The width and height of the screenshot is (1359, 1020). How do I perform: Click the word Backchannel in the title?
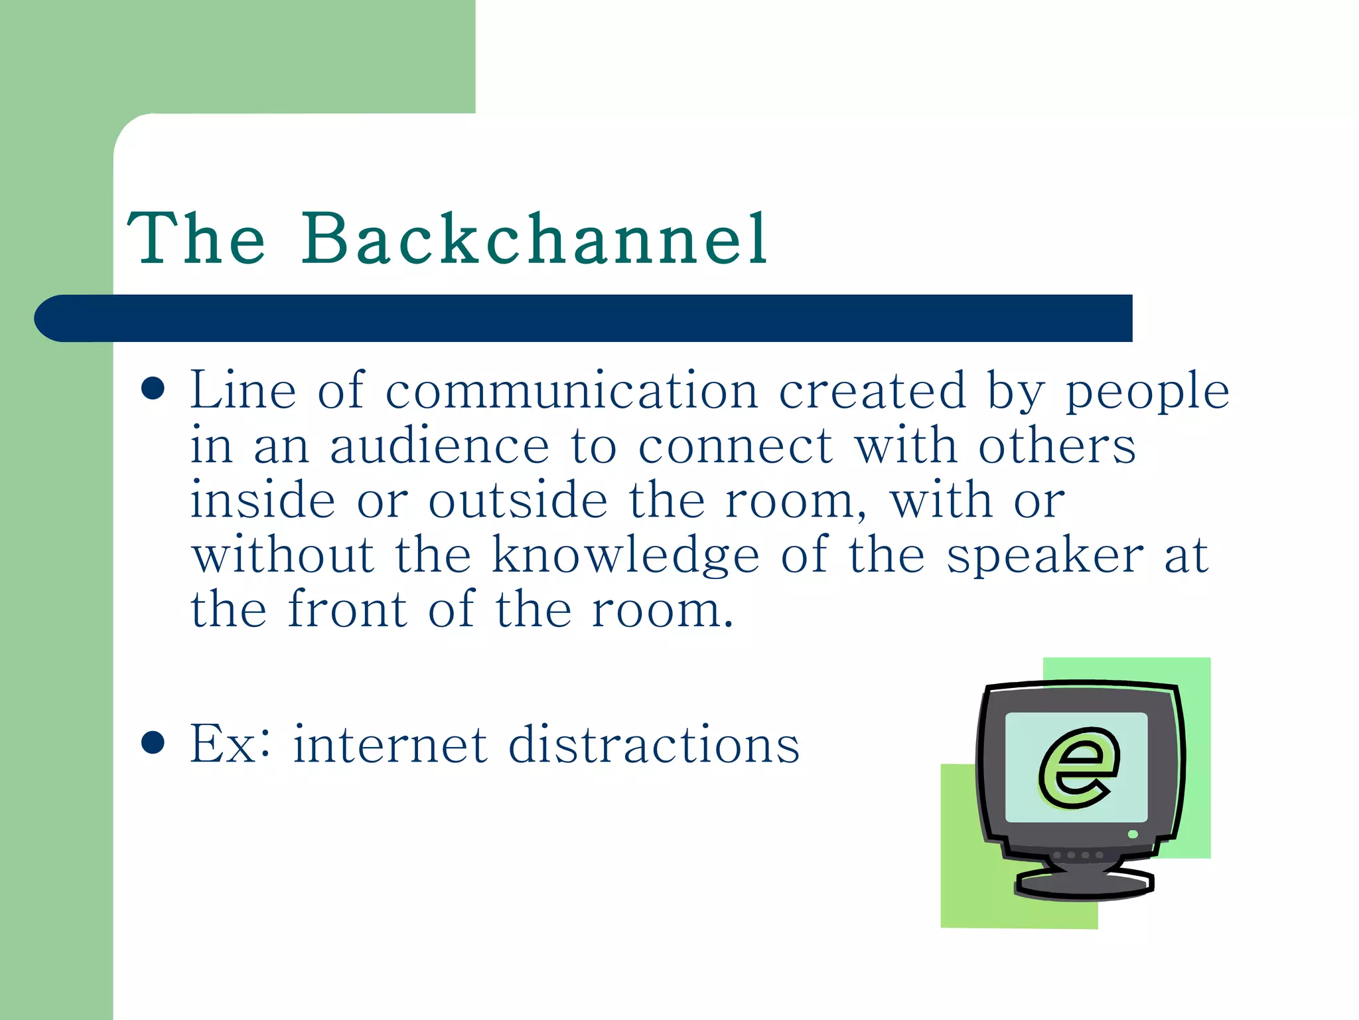tap(535, 239)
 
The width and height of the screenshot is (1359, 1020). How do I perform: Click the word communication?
tap(572, 392)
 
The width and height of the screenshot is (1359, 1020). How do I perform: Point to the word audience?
tap(439, 446)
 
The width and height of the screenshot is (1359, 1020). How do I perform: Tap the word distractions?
tap(654, 745)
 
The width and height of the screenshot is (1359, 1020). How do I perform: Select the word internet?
tap(391, 745)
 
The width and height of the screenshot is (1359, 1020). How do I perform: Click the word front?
tap(348, 610)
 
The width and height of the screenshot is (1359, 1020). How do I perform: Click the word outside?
tap(518, 501)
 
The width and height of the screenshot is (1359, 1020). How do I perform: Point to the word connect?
tap(735, 446)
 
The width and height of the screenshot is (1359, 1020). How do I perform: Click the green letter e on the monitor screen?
tap(1078, 768)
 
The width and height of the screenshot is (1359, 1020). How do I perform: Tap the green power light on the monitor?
tap(1133, 834)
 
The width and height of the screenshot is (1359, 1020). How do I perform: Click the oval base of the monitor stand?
tap(1084, 885)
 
